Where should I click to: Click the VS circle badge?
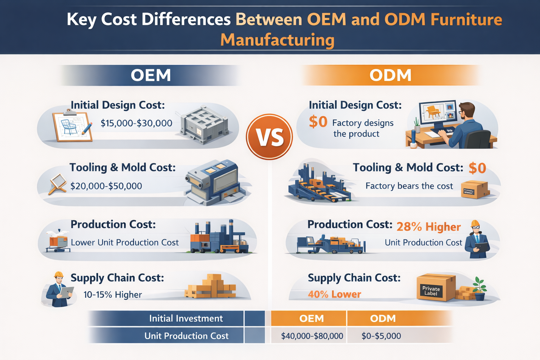[x=269, y=137]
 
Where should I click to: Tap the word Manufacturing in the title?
[x=277, y=40]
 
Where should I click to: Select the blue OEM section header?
[x=151, y=75]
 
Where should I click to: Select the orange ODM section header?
[x=390, y=75]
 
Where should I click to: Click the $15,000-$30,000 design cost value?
[x=136, y=123]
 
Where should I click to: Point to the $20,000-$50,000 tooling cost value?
[x=106, y=186]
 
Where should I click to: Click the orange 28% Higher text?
[x=429, y=227]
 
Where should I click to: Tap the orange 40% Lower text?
[x=334, y=294]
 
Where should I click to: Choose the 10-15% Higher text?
[x=112, y=295]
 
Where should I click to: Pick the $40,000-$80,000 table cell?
[x=312, y=336]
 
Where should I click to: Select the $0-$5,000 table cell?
[x=381, y=336]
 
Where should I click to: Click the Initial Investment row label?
[x=186, y=319]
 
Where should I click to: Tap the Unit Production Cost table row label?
[x=186, y=336]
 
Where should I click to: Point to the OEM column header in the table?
[x=311, y=319]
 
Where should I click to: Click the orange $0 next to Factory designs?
[x=318, y=122]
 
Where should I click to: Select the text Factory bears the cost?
[x=409, y=186]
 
